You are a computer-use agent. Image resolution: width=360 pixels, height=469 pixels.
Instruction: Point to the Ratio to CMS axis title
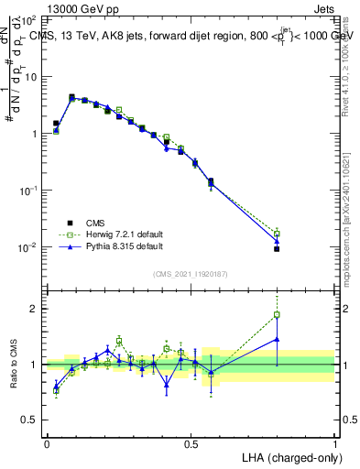13,364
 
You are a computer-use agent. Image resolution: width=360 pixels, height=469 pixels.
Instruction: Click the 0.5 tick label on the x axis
191,443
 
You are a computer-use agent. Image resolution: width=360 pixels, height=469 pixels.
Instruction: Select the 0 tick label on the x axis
48,443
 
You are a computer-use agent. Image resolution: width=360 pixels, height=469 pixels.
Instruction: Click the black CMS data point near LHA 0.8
277,249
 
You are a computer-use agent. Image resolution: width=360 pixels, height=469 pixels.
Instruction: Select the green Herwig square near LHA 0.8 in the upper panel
277,234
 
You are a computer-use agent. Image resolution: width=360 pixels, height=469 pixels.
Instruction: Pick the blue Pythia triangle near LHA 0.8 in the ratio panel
277,339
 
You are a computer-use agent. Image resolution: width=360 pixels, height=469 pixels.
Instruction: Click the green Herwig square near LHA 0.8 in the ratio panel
277,315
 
